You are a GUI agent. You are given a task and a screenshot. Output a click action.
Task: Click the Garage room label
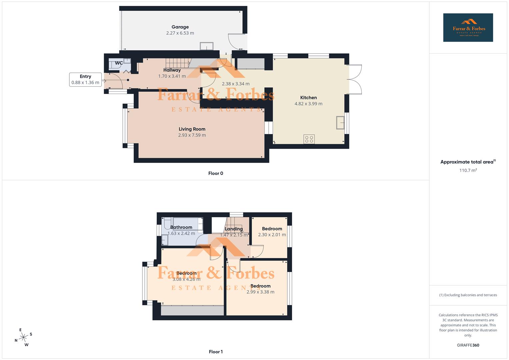coord(180,27)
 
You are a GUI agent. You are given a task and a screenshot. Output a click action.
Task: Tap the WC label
coord(119,63)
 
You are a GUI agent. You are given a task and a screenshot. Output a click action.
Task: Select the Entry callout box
coord(85,79)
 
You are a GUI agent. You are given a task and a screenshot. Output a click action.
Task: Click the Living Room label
coord(192,129)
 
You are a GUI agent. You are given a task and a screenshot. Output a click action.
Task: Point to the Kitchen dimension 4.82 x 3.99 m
coord(308,104)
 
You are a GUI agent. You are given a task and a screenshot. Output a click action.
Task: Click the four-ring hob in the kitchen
coord(309,139)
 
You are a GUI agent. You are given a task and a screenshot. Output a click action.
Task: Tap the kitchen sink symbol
coord(340,122)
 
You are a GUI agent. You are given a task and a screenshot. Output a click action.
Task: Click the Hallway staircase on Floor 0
coord(178,63)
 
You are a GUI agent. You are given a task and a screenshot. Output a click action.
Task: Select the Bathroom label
coord(181,227)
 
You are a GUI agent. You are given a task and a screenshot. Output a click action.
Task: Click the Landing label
coord(234,229)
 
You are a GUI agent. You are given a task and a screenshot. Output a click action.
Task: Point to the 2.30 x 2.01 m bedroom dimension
coord(272,235)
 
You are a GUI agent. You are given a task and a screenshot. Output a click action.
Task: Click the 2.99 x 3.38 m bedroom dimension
coord(260,292)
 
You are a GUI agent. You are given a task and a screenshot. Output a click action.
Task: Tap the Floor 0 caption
coord(216,173)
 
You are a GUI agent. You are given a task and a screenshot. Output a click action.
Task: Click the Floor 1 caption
coord(216,352)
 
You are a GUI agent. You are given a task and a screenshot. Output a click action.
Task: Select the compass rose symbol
coord(23,337)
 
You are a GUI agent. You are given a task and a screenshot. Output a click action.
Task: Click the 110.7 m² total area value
coord(468,170)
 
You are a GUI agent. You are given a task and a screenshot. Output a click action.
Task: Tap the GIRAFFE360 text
coord(468,345)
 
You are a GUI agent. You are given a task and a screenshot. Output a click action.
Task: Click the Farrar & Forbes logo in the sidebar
coord(468,28)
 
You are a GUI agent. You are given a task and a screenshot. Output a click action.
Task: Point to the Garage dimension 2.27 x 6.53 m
coord(180,33)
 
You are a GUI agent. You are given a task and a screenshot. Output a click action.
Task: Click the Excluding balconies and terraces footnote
coord(468,295)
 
